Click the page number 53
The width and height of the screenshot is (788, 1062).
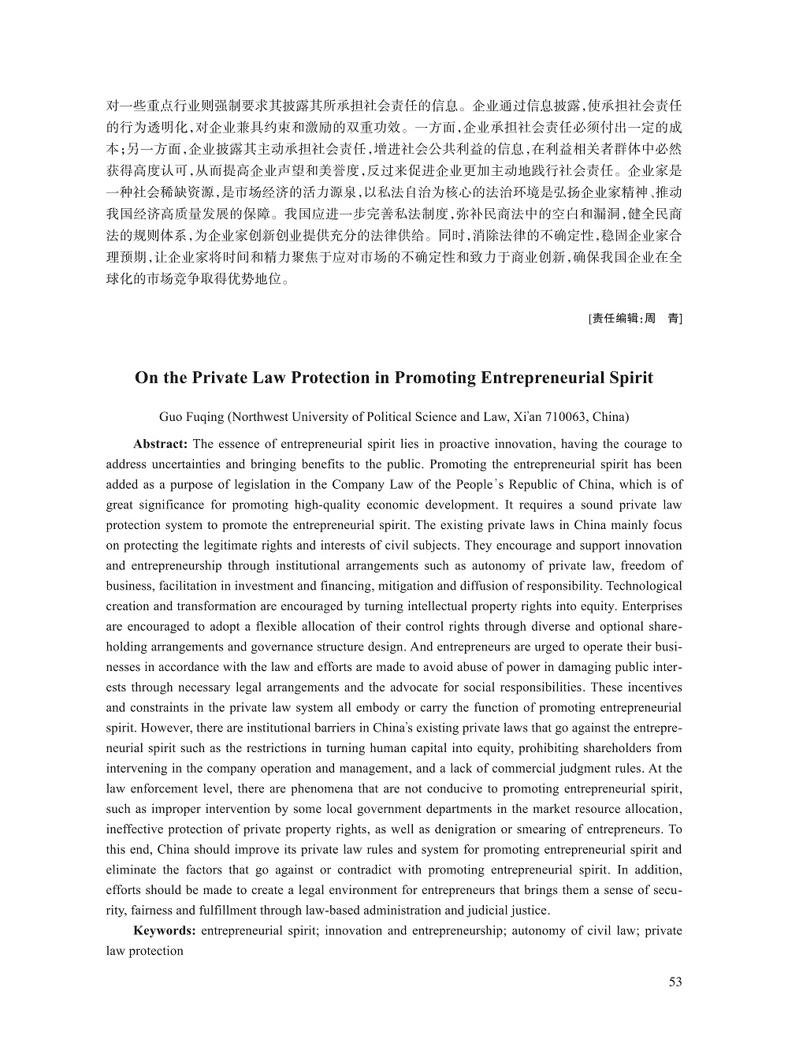(675, 982)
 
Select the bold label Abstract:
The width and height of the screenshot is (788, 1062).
(160, 444)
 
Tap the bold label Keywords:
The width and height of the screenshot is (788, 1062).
(165, 930)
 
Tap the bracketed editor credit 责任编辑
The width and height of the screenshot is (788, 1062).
(616, 319)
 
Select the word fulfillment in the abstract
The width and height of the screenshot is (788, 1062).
(217, 910)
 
